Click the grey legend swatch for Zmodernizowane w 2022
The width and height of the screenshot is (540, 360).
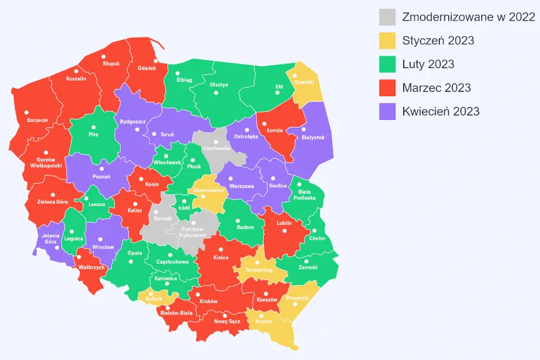[x=387, y=17]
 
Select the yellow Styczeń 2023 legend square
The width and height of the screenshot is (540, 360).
[x=387, y=41]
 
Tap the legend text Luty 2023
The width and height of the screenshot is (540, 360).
[x=428, y=64]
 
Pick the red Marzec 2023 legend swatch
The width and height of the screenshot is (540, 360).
[x=387, y=88]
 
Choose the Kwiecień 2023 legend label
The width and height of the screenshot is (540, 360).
[x=441, y=111]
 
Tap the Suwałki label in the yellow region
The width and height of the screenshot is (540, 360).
[x=304, y=81]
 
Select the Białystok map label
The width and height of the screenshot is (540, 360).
[x=313, y=137]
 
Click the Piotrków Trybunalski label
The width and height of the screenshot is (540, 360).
[x=193, y=231]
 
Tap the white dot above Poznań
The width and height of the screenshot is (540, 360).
[x=101, y=169]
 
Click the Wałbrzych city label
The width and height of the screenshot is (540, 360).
[x=91, y=267]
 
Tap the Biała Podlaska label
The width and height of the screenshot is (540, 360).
[x=307, y=194]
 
